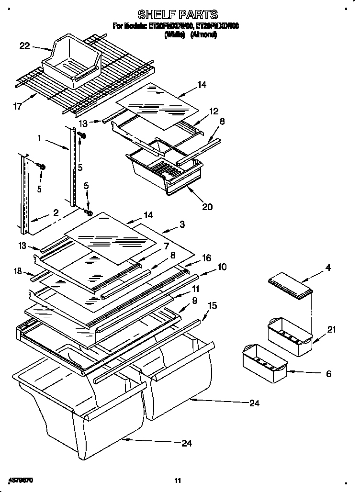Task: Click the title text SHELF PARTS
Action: point(178,14)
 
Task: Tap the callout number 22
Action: point(25,46)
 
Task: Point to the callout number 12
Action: point(213,111)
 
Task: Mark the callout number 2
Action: point(56,213)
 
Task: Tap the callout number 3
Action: point(182,224)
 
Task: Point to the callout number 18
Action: point(18,271)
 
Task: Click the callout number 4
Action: point(327,268)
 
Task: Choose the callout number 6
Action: point(328,374)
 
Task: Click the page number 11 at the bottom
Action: point(178,480)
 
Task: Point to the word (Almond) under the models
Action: point(203,35)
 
